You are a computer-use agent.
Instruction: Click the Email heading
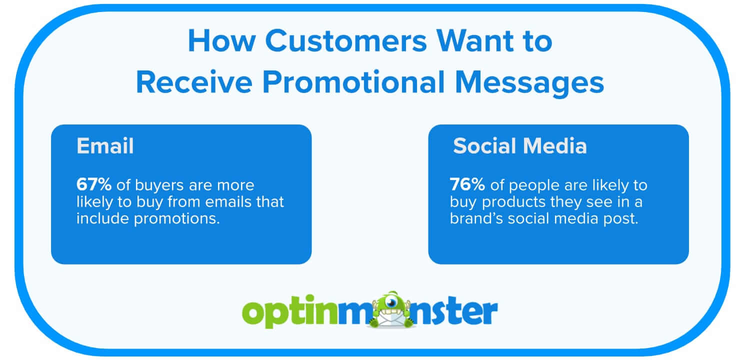point(105,146)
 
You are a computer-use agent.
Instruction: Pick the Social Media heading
point(519,146)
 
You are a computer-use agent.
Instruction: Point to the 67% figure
point(94,185)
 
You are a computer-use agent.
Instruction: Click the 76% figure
point(467,185)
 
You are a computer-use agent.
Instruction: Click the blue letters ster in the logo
point(460,312)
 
